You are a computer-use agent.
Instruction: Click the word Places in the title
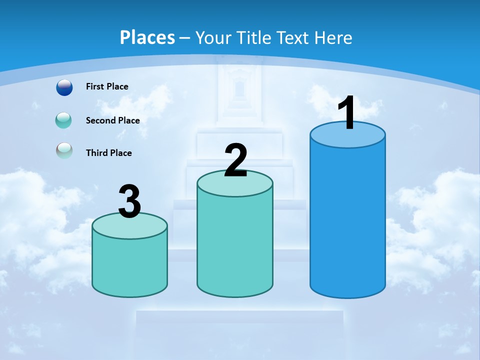click(x=147, y=37)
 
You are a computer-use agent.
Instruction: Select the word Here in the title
click(x=333, y=37)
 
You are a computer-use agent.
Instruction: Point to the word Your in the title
click(x=213, y=37)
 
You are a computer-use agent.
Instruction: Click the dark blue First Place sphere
click(x=64, y=87)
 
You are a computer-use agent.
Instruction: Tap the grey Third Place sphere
click(x=64, y=150)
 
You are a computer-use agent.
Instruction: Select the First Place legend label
click(x=107, y=86)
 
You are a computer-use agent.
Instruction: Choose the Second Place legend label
click(x=112, y=120)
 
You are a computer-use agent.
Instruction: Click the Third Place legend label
click(x=108, y=153)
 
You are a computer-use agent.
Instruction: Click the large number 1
click(x=347, y=113)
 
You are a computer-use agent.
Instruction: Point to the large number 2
click(x=235, y=160)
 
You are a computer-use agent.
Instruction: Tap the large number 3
click(x=129, y=201)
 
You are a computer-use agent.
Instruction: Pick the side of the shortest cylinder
click(x=129, y=265)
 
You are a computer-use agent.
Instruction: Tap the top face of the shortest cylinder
click(x=129, y=227)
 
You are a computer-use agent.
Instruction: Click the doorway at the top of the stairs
click(x=239, y=90)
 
